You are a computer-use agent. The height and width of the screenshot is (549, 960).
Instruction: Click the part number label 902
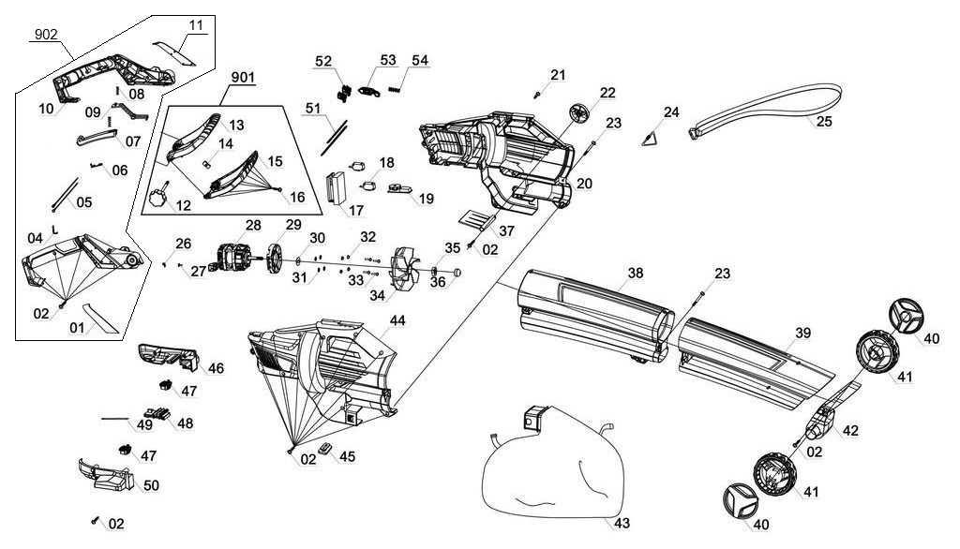(x=46, y=35)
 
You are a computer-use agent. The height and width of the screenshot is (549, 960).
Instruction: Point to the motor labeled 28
(x=236, y=260)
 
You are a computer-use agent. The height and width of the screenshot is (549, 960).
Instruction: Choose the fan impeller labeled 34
(x=407, y=272)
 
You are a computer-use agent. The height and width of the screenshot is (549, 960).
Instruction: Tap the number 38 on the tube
(x=636, y=274)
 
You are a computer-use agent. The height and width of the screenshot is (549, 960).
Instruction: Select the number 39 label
(x=802, y=334)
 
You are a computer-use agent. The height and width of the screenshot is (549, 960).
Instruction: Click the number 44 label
(x=397, y=320)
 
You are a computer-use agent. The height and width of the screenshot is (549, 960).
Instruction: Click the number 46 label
(x=216, y=368)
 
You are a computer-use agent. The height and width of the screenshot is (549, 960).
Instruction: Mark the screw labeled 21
(x=537, y=94)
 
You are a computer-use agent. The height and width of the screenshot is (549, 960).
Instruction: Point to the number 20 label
(x=584, y=185)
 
